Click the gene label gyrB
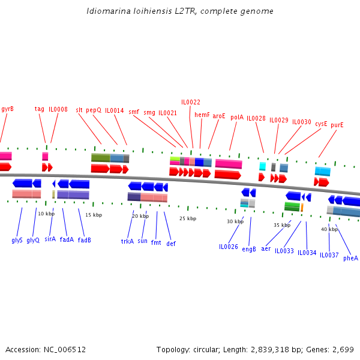pos(7,109)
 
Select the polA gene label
pos(237,118)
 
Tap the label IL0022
pos(191,102)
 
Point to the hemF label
pos(202,115)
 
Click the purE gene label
pos(337,125)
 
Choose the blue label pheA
pos(350,258)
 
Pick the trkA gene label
pos(127,241)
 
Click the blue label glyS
pos(17,240)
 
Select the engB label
pos(249,248)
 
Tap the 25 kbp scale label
pos(188,218)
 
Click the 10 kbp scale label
pos(46,214)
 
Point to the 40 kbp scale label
pos(329,229)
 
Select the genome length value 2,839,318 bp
pos(271,349)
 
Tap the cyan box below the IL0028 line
pos(262,166)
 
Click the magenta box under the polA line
pos(229,164)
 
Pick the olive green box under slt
pos(100,158)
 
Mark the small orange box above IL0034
pos(302,207)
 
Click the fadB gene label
pos(85,240)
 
